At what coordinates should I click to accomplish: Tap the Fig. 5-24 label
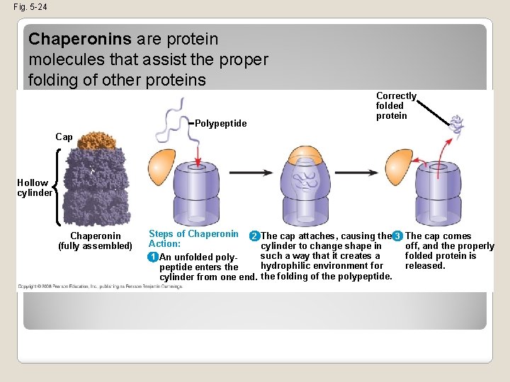coord(30,7)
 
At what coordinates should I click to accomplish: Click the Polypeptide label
coord(221,124)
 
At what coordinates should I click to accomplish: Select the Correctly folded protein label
coord(396,105)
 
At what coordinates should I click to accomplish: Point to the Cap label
coord(64,137)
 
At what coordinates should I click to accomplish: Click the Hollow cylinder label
coord(35,188)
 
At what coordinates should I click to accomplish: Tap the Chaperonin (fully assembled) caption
coord(95,241)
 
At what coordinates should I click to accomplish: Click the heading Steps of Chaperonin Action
coord(193,238)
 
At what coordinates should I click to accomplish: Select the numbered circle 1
coord(153,257)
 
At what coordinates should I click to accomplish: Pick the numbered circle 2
coord(254,236)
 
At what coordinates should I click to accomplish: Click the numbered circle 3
coord(398,236)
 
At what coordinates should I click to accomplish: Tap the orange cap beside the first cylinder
coord(161,164)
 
